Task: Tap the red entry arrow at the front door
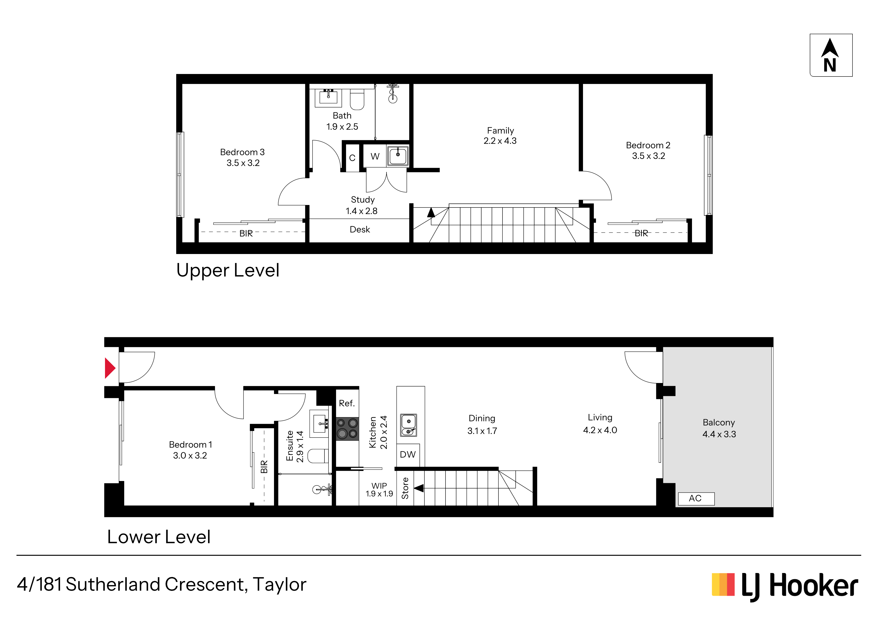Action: (x=110, y=368)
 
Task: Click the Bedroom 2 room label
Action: (x=648, y=150)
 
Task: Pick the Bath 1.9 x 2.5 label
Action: (x=342, y=121)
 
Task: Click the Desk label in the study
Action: (x=360, y=229)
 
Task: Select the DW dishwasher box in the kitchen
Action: (x=408, y=454)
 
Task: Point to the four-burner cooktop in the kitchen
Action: (x=347, y=428)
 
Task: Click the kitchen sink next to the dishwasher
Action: (x=408, y=425)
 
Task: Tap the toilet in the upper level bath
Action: (x=357, y=98)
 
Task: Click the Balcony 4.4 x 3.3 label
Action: (x=719, y=428)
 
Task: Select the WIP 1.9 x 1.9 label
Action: (x=379, y=490)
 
